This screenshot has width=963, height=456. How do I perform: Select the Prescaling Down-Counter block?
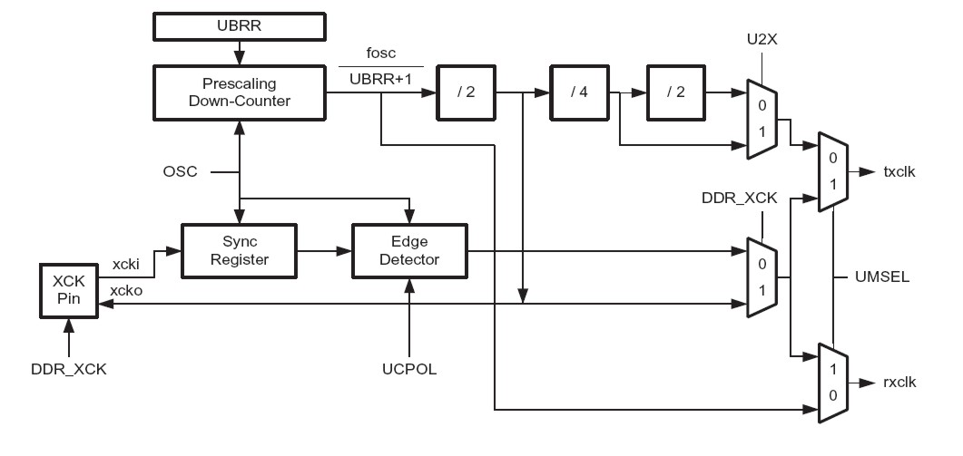[239, 92]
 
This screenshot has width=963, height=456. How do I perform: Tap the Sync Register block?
[241, 251]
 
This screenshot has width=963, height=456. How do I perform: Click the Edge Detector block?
[409, 251]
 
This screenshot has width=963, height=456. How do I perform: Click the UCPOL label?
[410, 370]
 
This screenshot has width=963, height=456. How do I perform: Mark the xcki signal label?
[124, 263]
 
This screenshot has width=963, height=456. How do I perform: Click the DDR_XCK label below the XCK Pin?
[68, 370]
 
